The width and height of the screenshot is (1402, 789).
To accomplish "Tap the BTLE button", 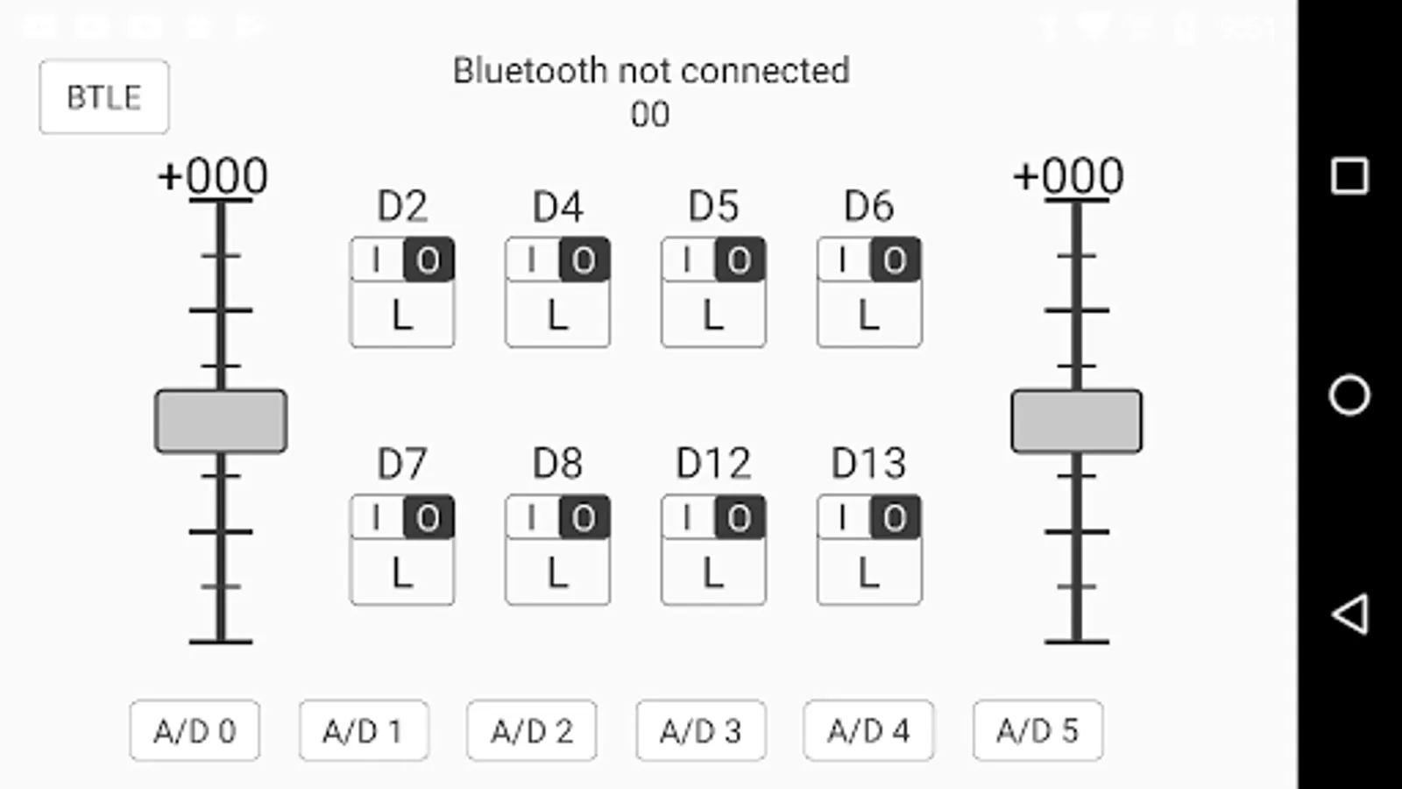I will (104, 96).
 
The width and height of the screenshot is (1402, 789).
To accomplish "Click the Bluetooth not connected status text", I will (651, 71).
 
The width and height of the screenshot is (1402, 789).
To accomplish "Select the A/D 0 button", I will (195, 730).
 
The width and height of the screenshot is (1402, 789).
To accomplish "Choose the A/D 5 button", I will (1037, 730).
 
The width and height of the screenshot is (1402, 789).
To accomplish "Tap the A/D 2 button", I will (532, 730).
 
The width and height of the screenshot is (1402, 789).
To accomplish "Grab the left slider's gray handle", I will (221, 422).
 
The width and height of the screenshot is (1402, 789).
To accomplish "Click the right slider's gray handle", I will (1077, 422).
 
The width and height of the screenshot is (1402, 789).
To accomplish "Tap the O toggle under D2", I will (428, 260).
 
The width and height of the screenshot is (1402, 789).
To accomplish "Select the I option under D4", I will (532, 260).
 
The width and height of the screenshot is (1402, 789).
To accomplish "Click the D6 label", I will (868, 207).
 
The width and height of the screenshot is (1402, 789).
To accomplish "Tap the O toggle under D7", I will (428, 518).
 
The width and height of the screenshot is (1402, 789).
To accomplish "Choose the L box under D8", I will (557, 573).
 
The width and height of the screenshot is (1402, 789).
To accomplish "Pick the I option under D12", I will (687, 518).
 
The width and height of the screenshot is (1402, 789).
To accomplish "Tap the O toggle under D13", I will (895, 518).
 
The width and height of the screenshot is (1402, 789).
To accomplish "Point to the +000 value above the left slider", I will (213, 176).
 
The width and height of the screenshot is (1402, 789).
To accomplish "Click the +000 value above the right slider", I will (1068, 176).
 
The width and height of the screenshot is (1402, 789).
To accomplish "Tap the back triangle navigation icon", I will (1349, 614).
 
